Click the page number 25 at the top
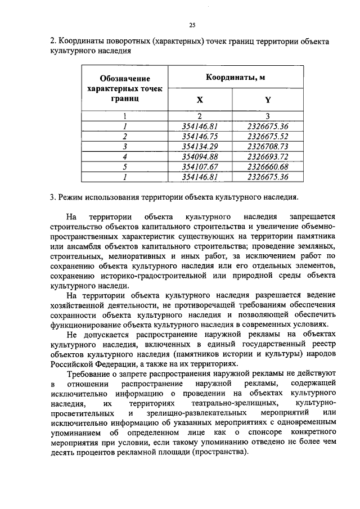pos(191,25)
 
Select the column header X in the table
pos(200,100)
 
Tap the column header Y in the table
pos(268,100)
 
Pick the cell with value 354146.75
pos(200,136)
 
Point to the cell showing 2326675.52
pos(268,136)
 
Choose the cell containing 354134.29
pos(200,146)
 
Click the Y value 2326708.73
pos(268,146)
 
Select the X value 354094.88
pos(200,156)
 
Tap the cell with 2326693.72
pos(268,156)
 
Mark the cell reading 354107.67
pos(200,166)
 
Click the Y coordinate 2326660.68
pos(268,166)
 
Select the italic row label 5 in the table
pos(125,166)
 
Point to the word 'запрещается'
pos(312,217)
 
